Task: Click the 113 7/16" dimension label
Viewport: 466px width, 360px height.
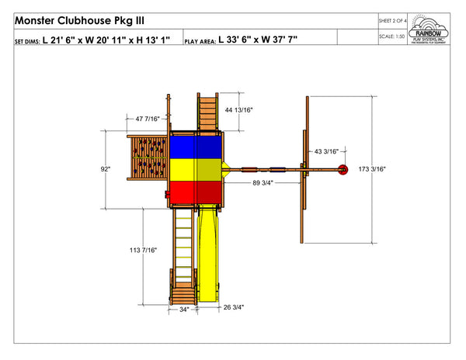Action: coord(144,250)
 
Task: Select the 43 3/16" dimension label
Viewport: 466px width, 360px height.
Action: coord(325,151)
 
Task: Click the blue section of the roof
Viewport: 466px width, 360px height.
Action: coord(197,145)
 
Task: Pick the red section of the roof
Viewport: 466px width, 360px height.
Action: coord(197,191)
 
